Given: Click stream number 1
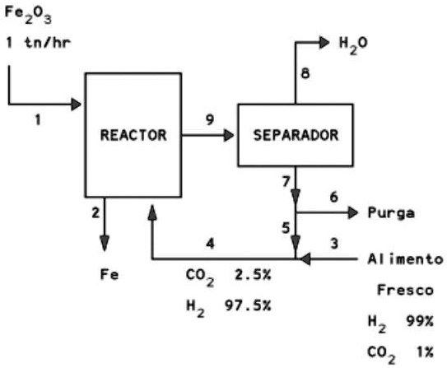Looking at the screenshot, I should (37, 121).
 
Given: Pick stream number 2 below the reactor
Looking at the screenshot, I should (95, 212).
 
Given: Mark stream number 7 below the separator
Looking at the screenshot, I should (285, 179).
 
